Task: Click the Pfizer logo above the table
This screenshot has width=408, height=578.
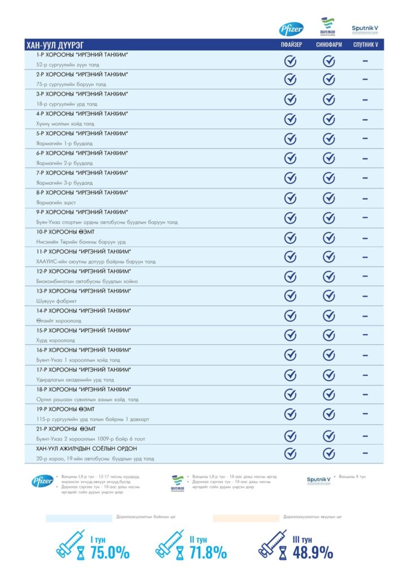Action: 291,30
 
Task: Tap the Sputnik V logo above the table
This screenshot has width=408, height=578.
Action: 364,28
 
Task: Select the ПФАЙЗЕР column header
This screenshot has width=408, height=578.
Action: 291,45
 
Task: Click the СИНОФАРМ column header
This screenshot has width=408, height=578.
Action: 329,45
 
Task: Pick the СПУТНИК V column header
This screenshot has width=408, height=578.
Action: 365,45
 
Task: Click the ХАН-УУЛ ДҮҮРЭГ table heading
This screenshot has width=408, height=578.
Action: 58,45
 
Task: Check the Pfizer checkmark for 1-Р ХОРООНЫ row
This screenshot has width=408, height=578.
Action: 291,60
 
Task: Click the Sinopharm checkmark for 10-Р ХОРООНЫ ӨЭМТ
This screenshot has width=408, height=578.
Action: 329,237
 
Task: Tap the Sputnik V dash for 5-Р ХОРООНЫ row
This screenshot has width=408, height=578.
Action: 365,138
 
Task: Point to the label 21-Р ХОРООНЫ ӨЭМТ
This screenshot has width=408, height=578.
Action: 65,428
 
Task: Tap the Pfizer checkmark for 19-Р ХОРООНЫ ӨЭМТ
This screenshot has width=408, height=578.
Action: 291,414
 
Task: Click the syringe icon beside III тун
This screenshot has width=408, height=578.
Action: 273,544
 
